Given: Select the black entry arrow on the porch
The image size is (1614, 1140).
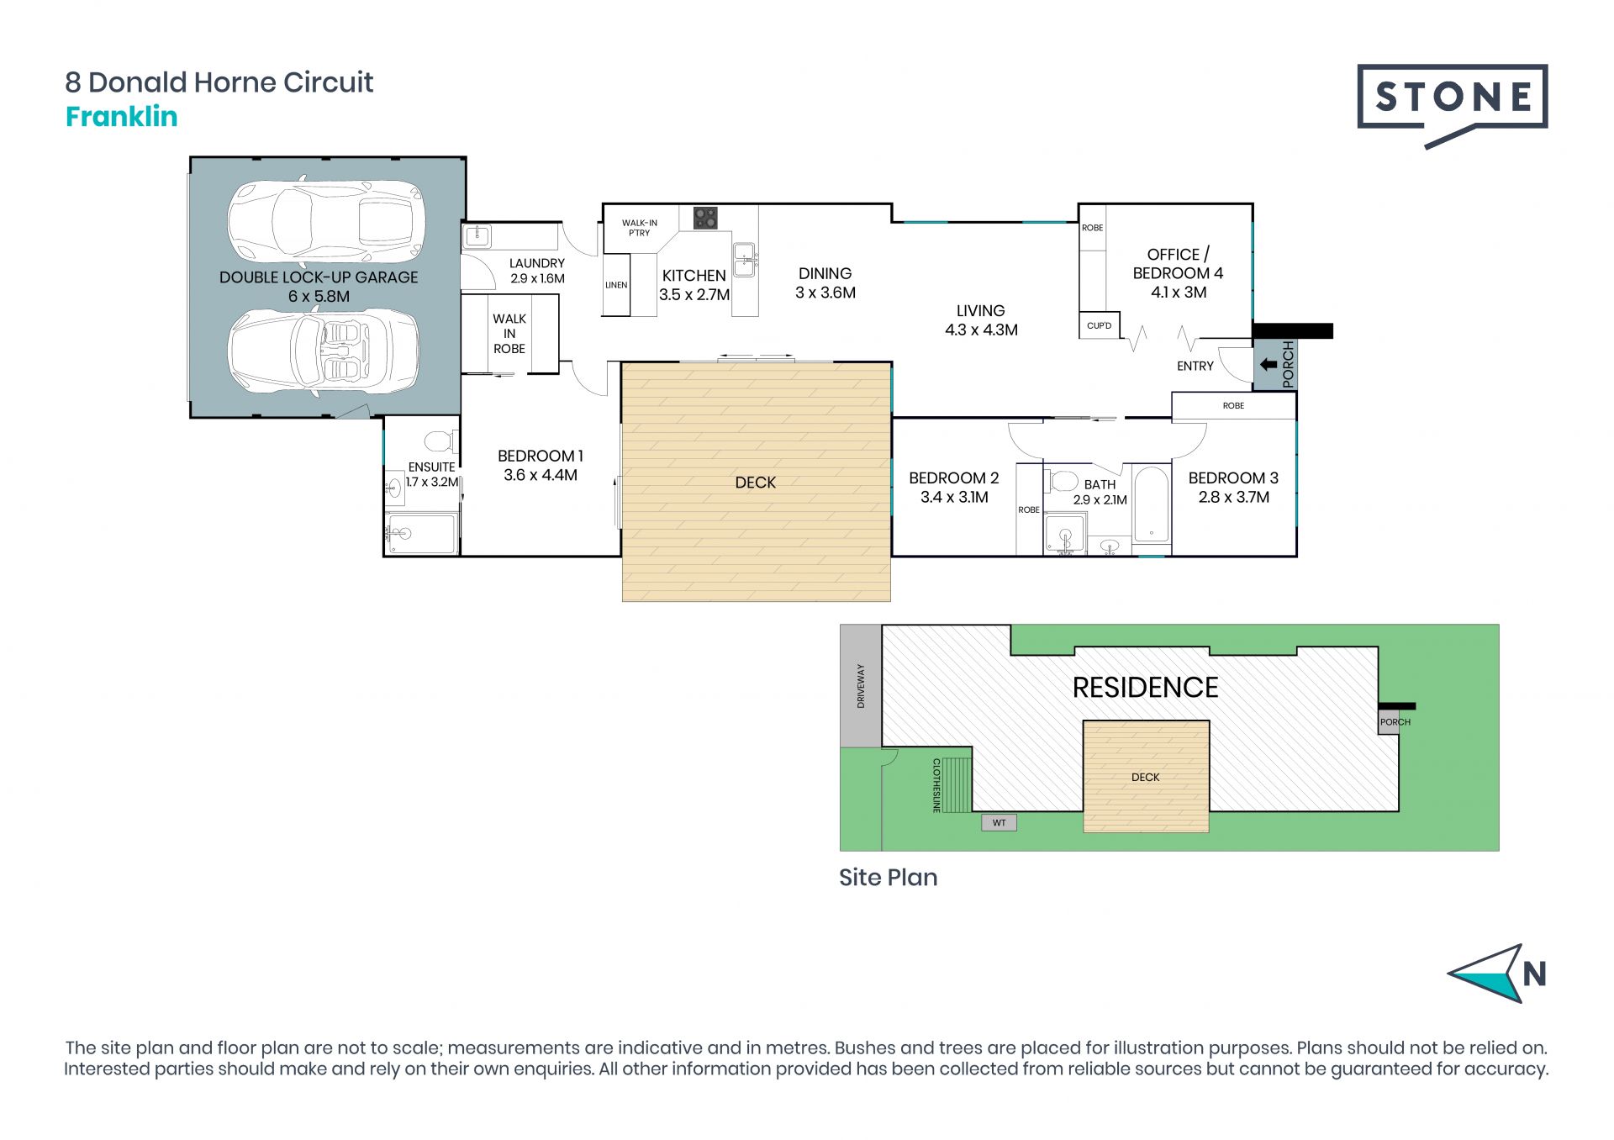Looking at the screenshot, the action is coord(1269,365).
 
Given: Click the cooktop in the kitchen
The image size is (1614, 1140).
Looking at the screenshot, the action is coord(705,219).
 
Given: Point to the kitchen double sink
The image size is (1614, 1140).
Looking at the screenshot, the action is coord(744,259).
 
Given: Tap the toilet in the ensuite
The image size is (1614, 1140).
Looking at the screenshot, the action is coord(440,441).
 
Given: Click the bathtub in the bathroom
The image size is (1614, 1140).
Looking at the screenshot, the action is coord(1151,504).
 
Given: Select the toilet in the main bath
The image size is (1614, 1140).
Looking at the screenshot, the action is coord(1061,482).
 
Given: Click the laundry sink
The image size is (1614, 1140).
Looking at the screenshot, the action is coord(477,236).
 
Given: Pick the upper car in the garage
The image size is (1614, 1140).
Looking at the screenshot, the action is coord(326,222).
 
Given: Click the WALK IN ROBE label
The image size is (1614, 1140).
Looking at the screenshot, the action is coord(509,334).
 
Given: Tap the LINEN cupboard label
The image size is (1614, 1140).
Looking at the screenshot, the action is coord(616,285).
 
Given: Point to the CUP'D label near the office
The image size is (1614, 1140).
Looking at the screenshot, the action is coord(1100,325).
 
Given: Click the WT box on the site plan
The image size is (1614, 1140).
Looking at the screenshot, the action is coord(1000,822).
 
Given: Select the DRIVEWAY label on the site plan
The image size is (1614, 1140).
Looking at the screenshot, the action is coord(861,686).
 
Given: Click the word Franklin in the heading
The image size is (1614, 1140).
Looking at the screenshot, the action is coord(122,116).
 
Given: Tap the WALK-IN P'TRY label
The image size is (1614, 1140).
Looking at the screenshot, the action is coord(640,228).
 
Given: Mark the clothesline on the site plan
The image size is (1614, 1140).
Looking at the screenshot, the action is coord(956,784).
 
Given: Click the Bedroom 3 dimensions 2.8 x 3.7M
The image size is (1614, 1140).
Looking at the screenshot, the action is coord(1234,497).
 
